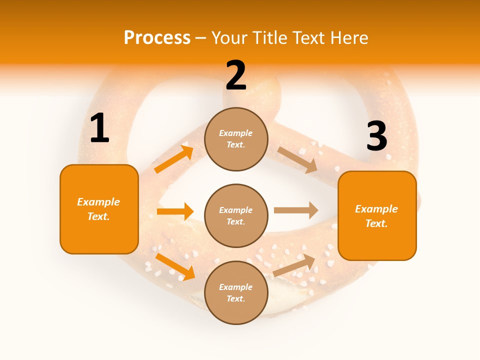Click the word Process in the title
point(157,38)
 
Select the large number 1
point(99,128)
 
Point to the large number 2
point(236,75)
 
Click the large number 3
point(376,136)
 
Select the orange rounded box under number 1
point(99,209)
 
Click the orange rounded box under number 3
point(377,215)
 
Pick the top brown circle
point(236,139)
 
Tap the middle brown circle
point(236,215)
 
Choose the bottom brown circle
point(236,292)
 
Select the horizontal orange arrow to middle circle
point(175,211)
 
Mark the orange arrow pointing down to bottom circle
point(175,266)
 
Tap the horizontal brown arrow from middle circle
point(296,210)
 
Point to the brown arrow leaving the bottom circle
point(294,265)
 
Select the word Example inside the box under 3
point(376,209)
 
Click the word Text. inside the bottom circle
point(236,298)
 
